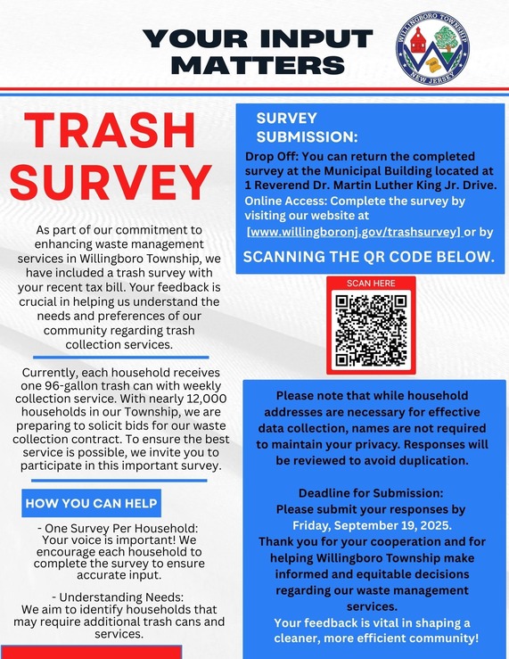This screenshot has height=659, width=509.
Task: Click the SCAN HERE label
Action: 370,283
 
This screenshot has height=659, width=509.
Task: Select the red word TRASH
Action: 106,135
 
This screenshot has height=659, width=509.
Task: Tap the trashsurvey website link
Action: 354,232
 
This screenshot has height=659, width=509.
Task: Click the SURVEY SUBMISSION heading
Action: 307,128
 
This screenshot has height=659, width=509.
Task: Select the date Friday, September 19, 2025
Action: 371,525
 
